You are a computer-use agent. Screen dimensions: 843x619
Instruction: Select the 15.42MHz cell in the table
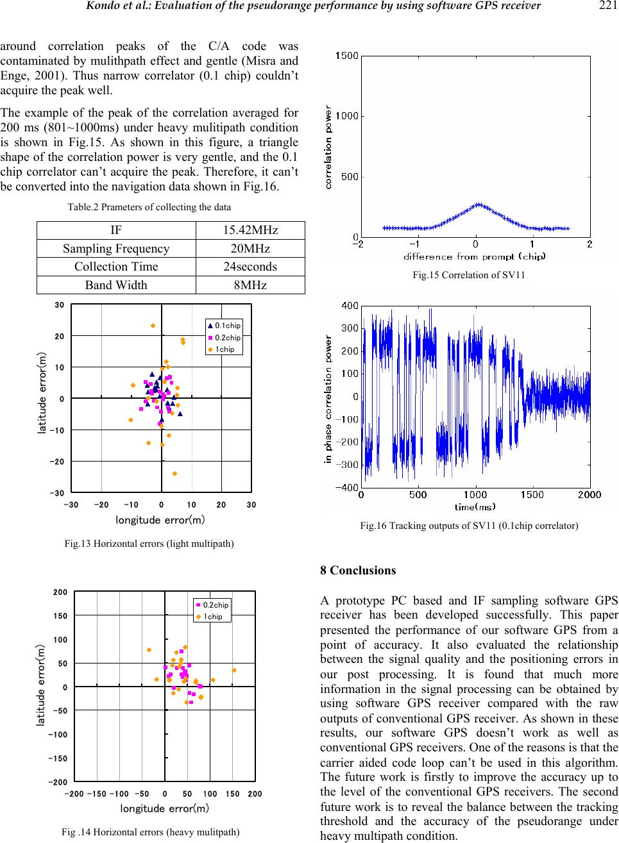tap(250, 230)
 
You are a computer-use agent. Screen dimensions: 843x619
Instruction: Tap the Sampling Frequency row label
tap(116, 249)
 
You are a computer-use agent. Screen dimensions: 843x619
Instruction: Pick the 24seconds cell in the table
tap(250, 267)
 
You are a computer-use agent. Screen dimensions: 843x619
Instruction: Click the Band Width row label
tap(116, 285)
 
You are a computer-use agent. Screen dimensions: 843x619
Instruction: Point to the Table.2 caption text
tap(149, 207)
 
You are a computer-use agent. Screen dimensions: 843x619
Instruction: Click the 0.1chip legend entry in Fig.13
tap(224, 326)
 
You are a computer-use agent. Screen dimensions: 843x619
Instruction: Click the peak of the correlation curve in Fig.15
tap(478, 204)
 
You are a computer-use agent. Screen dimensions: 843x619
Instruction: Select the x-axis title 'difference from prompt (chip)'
tap(475, 257)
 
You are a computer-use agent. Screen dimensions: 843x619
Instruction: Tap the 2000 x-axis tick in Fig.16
tap(589, 495)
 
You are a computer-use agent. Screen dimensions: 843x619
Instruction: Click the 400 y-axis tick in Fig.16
tap(349, 306)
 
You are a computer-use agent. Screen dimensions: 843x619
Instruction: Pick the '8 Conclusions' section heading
tap(357, 571)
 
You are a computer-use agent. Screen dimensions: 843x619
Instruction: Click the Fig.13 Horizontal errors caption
tap(149, 544)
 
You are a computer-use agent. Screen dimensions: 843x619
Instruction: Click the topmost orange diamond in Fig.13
tap(153, 326)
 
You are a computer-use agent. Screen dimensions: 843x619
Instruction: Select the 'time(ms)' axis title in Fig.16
tap(475, 506)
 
